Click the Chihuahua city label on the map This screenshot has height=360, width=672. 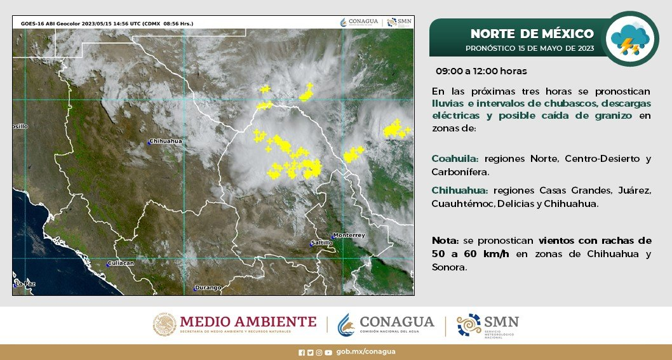[x=165, y=141]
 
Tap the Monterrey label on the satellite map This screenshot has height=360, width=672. [x=349, y=236]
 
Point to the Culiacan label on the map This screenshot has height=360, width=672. [x=121, y=263]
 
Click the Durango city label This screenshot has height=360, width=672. [x=208, y=288]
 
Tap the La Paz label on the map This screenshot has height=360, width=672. [x=25, y=284]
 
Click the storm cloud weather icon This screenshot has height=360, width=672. [x=630, y=39]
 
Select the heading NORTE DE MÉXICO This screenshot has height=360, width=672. [x=532, y=34]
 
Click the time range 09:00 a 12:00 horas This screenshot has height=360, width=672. [x=481, y=71]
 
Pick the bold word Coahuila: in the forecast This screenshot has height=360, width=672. [x=455, y=159]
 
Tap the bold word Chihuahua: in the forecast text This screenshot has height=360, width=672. [x=459, y=190]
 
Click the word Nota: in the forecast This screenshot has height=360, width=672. [x=445, y=241]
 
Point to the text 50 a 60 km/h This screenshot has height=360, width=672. [x=471, y=254]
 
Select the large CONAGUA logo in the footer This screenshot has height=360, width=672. [x=386, y=324]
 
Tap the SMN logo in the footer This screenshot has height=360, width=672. [x=488, y=325]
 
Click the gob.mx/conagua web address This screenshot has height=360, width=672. [x=366, y=352]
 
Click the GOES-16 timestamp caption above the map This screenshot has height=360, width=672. [x=107, y=23]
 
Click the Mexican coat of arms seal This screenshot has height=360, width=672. [x=165, y=324]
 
